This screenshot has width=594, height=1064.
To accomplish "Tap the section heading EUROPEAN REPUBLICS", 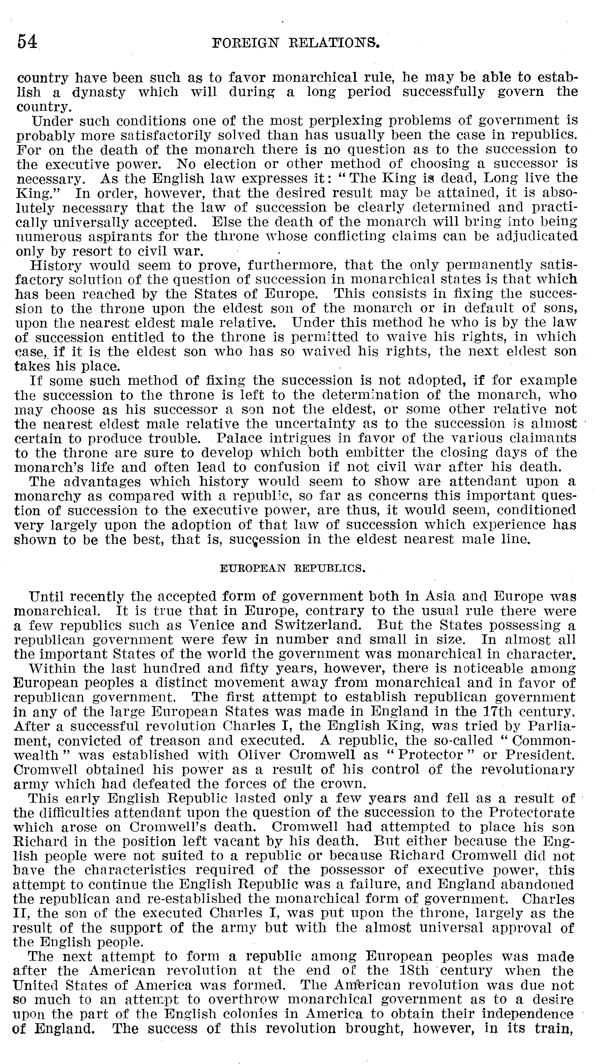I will tap(293, 568).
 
